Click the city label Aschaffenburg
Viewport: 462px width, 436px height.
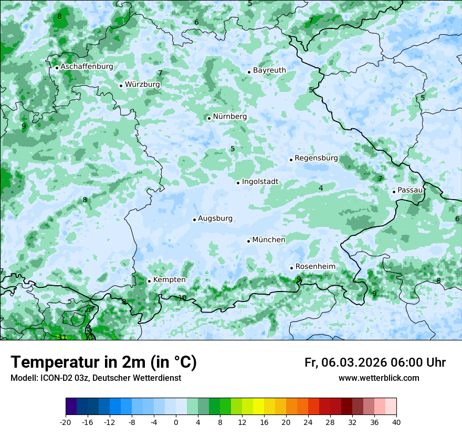click(87, 67)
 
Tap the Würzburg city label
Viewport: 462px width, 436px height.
click(142, 84)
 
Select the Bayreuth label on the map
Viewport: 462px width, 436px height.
click(269, 70)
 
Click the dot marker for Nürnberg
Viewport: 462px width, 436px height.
click(209, 118)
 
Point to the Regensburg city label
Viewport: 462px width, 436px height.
click(316, 158)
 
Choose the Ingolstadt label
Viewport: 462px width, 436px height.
click(260, 182)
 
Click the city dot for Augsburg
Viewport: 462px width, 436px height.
click(194, 220)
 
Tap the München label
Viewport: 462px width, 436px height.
click(269, 240)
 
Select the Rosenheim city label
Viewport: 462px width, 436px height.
click(315, 267)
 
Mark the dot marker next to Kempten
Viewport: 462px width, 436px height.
click(149, 281)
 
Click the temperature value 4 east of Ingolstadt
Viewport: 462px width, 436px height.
click(321, 188)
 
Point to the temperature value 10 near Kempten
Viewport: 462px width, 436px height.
click(182, 298)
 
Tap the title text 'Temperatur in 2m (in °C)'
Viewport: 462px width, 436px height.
click(103, 362)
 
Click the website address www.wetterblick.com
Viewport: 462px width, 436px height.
click(379, 378)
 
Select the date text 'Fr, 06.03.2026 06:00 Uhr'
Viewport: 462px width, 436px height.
click(375, 362)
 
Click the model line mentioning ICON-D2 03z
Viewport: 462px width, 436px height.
click(96, 378)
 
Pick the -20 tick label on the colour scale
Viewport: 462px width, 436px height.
click(66, 422)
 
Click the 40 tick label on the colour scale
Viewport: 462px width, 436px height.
click(396, 422)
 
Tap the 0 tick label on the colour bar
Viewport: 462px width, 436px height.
click(176, 422)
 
